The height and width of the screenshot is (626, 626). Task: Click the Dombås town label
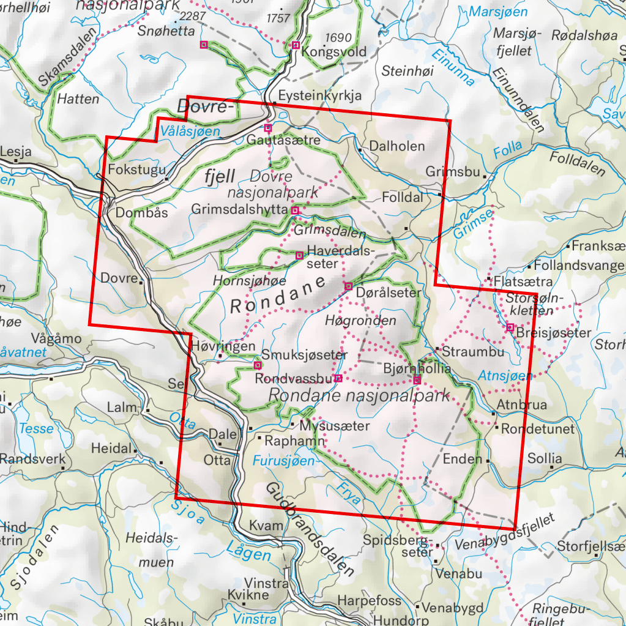141,214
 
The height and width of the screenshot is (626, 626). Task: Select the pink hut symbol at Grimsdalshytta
295,211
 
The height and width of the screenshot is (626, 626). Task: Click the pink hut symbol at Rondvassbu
338,378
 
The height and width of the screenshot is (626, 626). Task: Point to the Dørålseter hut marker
349,286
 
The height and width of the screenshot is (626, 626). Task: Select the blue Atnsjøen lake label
505,374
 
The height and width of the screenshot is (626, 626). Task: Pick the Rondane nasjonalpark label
360,396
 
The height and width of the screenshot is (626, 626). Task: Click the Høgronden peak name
361,321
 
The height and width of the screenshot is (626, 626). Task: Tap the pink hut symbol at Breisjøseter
510,327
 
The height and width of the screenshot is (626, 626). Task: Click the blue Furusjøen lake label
286,460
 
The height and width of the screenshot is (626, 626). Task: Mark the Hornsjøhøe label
249,281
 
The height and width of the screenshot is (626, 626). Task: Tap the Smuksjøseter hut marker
257,365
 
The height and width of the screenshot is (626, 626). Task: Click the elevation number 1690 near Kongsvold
340,37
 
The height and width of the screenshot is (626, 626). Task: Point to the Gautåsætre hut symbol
267,128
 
